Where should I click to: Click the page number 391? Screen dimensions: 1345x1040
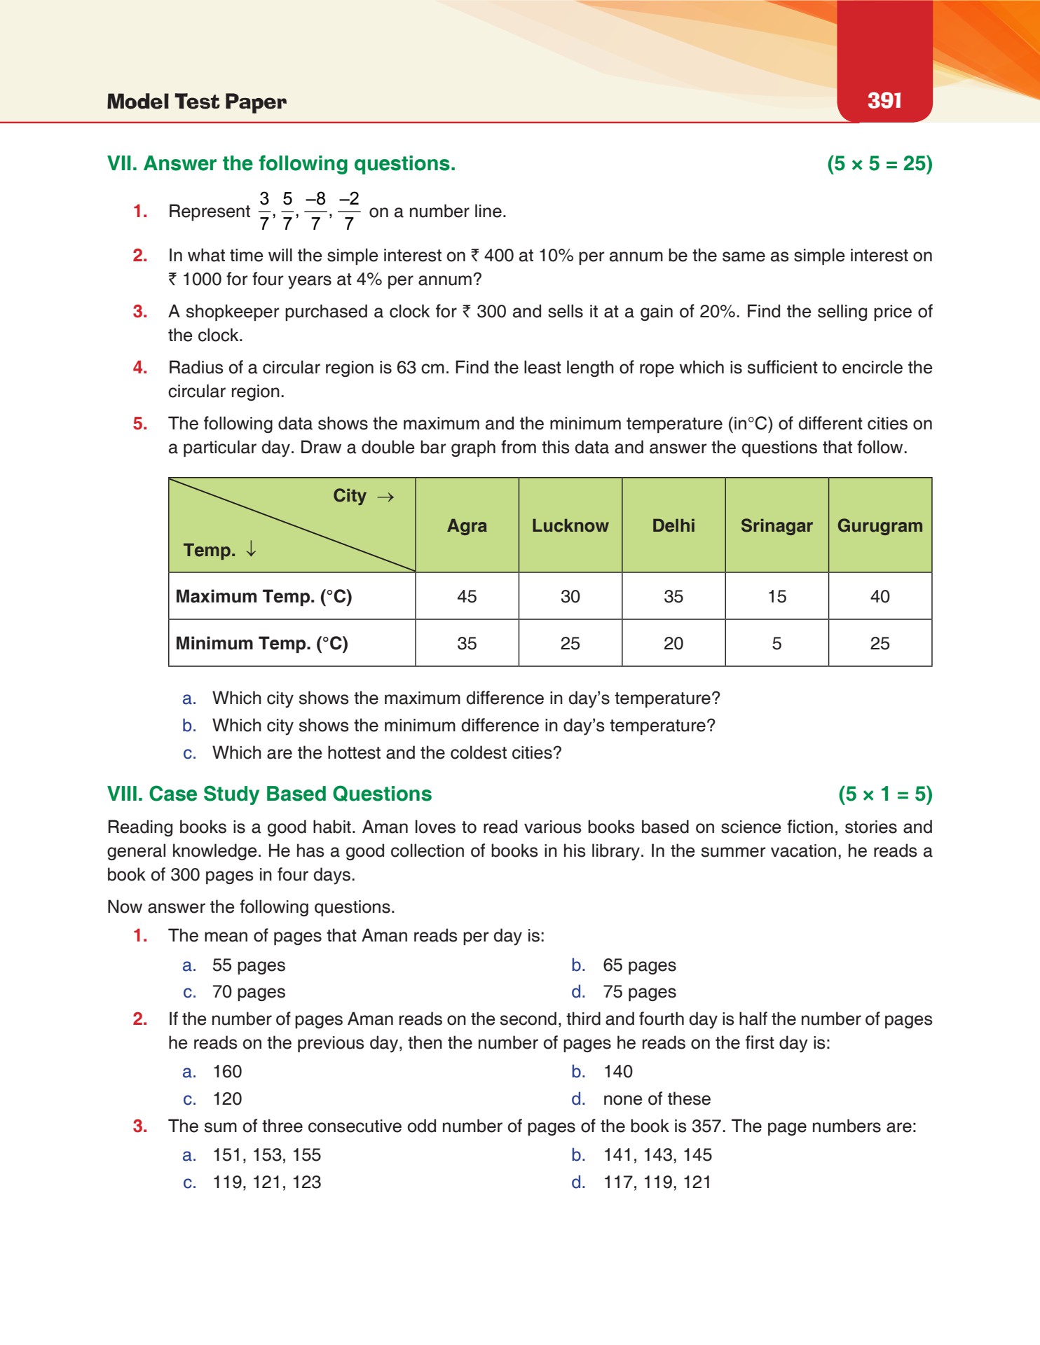884,100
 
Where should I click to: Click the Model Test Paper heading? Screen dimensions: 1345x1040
196,102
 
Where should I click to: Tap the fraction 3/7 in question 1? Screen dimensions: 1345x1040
264,211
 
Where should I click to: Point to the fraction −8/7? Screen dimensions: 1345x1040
315,211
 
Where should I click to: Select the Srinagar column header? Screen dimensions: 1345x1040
776,525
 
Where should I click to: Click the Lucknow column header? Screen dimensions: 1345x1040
570,525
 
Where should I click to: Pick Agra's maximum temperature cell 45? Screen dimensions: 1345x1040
467,596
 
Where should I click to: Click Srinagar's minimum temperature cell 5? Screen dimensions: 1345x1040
776,643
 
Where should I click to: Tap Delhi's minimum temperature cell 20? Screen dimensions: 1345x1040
673,643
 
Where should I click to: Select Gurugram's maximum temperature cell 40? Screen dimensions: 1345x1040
880,596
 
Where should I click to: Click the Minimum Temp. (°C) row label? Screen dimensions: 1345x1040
262,643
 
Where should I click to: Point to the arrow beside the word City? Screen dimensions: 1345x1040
385,497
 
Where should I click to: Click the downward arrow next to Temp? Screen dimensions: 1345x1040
251,550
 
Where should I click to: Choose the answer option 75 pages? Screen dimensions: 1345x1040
639,992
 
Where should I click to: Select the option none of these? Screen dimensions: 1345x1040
657,1098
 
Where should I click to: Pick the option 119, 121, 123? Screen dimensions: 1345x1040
267,1182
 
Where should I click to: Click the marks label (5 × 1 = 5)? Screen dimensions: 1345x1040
885,794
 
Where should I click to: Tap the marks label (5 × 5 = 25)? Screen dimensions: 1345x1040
880,163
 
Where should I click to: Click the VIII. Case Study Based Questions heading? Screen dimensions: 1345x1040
269,794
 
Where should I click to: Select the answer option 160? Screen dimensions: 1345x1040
227,1072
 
